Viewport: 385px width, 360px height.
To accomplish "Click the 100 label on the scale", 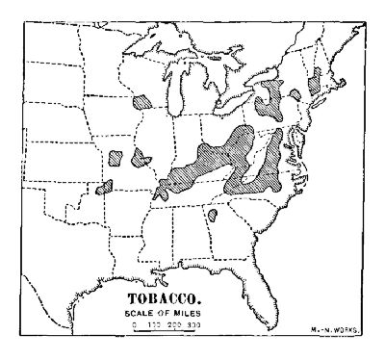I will [155, 326].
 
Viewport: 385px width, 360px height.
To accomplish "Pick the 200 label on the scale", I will [174, 326].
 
